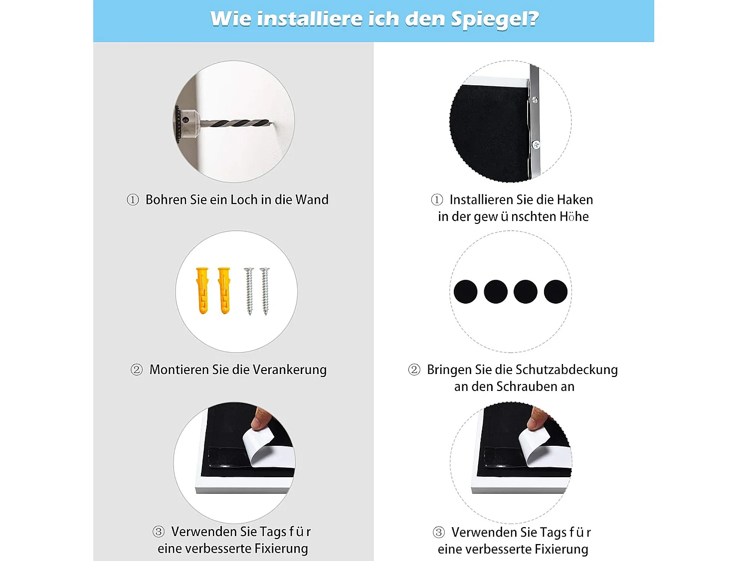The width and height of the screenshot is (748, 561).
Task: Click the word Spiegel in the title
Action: pyautogui.click(x=494, y=19)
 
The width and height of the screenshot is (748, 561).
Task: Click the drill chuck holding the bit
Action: pyautogui.click(x=187, y=122)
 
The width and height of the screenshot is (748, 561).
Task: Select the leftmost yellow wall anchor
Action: pyautogui.click(x=202, y=291)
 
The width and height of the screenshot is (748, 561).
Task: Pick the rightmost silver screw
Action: pyautogui.click(x=265, y=291)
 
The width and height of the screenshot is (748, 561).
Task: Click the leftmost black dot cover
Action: pyautogui.click(x=466, y=292)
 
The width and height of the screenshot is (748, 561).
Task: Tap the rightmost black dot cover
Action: pyautogui.click(x=556, y=292)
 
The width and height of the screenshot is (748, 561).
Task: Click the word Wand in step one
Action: pyautogui.click(x=312, y=200)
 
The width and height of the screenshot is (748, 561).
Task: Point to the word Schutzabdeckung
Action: pyautogui.click(x=566, y=370)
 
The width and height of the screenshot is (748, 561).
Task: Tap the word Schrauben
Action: pyautogui.click(x=522, y=387)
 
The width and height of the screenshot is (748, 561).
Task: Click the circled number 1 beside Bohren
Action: pyautogui.click(x=133, y=200)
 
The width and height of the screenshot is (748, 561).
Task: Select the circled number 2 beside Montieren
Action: pyautogui.click(x=137, y=370)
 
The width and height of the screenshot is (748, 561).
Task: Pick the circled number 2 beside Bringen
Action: pyautogui.click(x=414, y=370)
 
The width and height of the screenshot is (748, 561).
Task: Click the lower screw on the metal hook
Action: pyautogui.click(x=536, y=145)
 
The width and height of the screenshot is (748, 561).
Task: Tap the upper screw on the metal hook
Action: pyautogui.click(x=535, y=100)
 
